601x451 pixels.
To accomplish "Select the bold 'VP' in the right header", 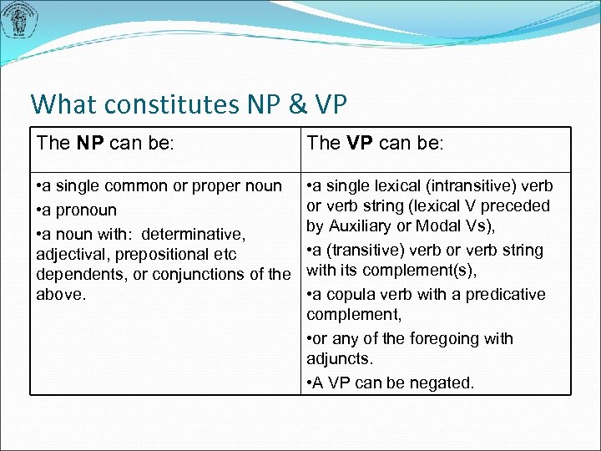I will (x=360, y=143).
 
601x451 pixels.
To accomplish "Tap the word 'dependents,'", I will (x=78, y=273).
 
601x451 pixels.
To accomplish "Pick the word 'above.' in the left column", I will (x=61, y=294).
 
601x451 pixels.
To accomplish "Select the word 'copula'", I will (x=351, y=294).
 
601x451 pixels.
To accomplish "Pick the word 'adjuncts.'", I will (x=340, y=358).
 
